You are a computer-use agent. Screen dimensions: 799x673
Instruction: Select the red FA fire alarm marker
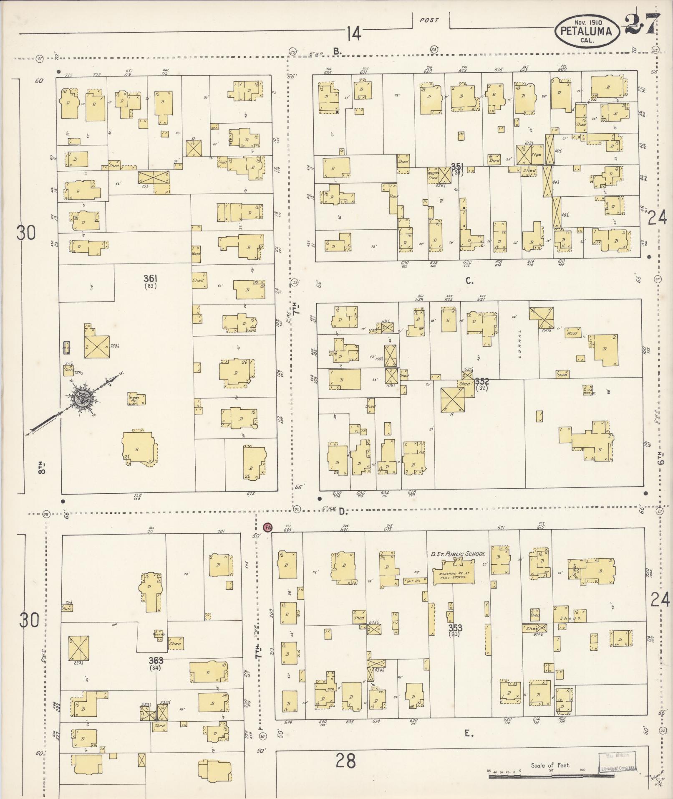click(267, 527)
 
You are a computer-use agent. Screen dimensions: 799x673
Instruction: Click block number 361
click(150, 279)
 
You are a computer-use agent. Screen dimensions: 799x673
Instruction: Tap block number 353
click(455, 628)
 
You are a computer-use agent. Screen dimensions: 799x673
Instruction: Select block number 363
click(156, 660)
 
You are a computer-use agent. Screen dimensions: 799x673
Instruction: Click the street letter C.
click(469, 281)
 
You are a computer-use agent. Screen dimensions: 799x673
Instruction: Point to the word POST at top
click(429, 20)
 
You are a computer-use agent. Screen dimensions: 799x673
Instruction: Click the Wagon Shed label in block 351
click(433, 175)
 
